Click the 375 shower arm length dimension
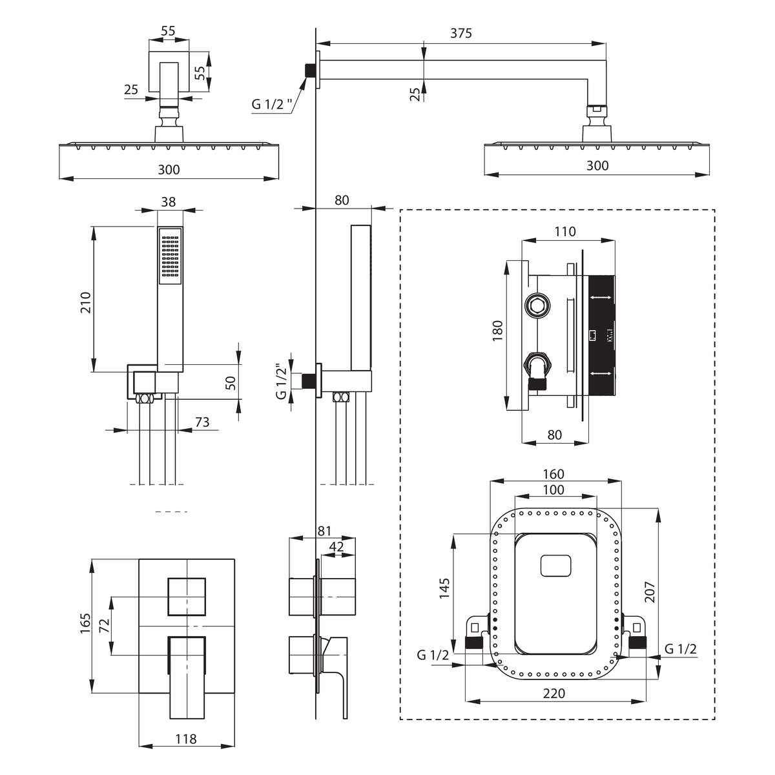461,33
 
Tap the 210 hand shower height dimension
86,302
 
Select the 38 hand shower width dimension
169,201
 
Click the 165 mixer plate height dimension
85,624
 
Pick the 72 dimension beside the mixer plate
105,626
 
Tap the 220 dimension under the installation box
554,693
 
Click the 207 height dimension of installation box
650,592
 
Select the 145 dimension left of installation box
444,588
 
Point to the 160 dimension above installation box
553,474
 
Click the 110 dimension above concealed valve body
565,232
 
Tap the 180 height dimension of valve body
498,331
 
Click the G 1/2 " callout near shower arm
272,104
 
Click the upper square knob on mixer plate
187,597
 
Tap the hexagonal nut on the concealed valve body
537,307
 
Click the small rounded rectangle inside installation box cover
556,566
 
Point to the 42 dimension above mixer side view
336,546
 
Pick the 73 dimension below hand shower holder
202,422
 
